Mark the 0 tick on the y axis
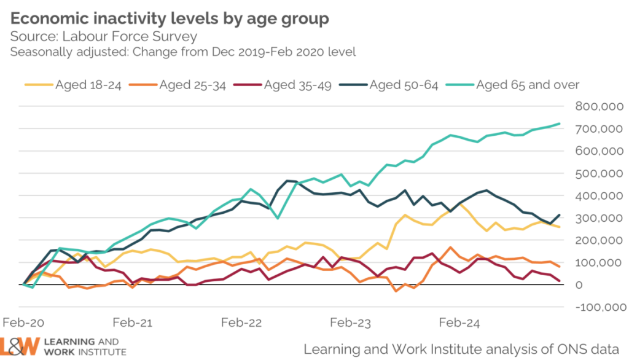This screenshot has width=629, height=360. click(x=579, y=285)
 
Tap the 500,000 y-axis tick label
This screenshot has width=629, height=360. click(x=600, y=173)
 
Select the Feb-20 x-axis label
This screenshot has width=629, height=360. click(x=23, y=323)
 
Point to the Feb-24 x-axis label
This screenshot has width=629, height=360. click(x=458, y=323)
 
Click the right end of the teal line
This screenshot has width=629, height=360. click(x=560, y=123)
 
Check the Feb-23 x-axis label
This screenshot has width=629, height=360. click(x=350, y=323)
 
